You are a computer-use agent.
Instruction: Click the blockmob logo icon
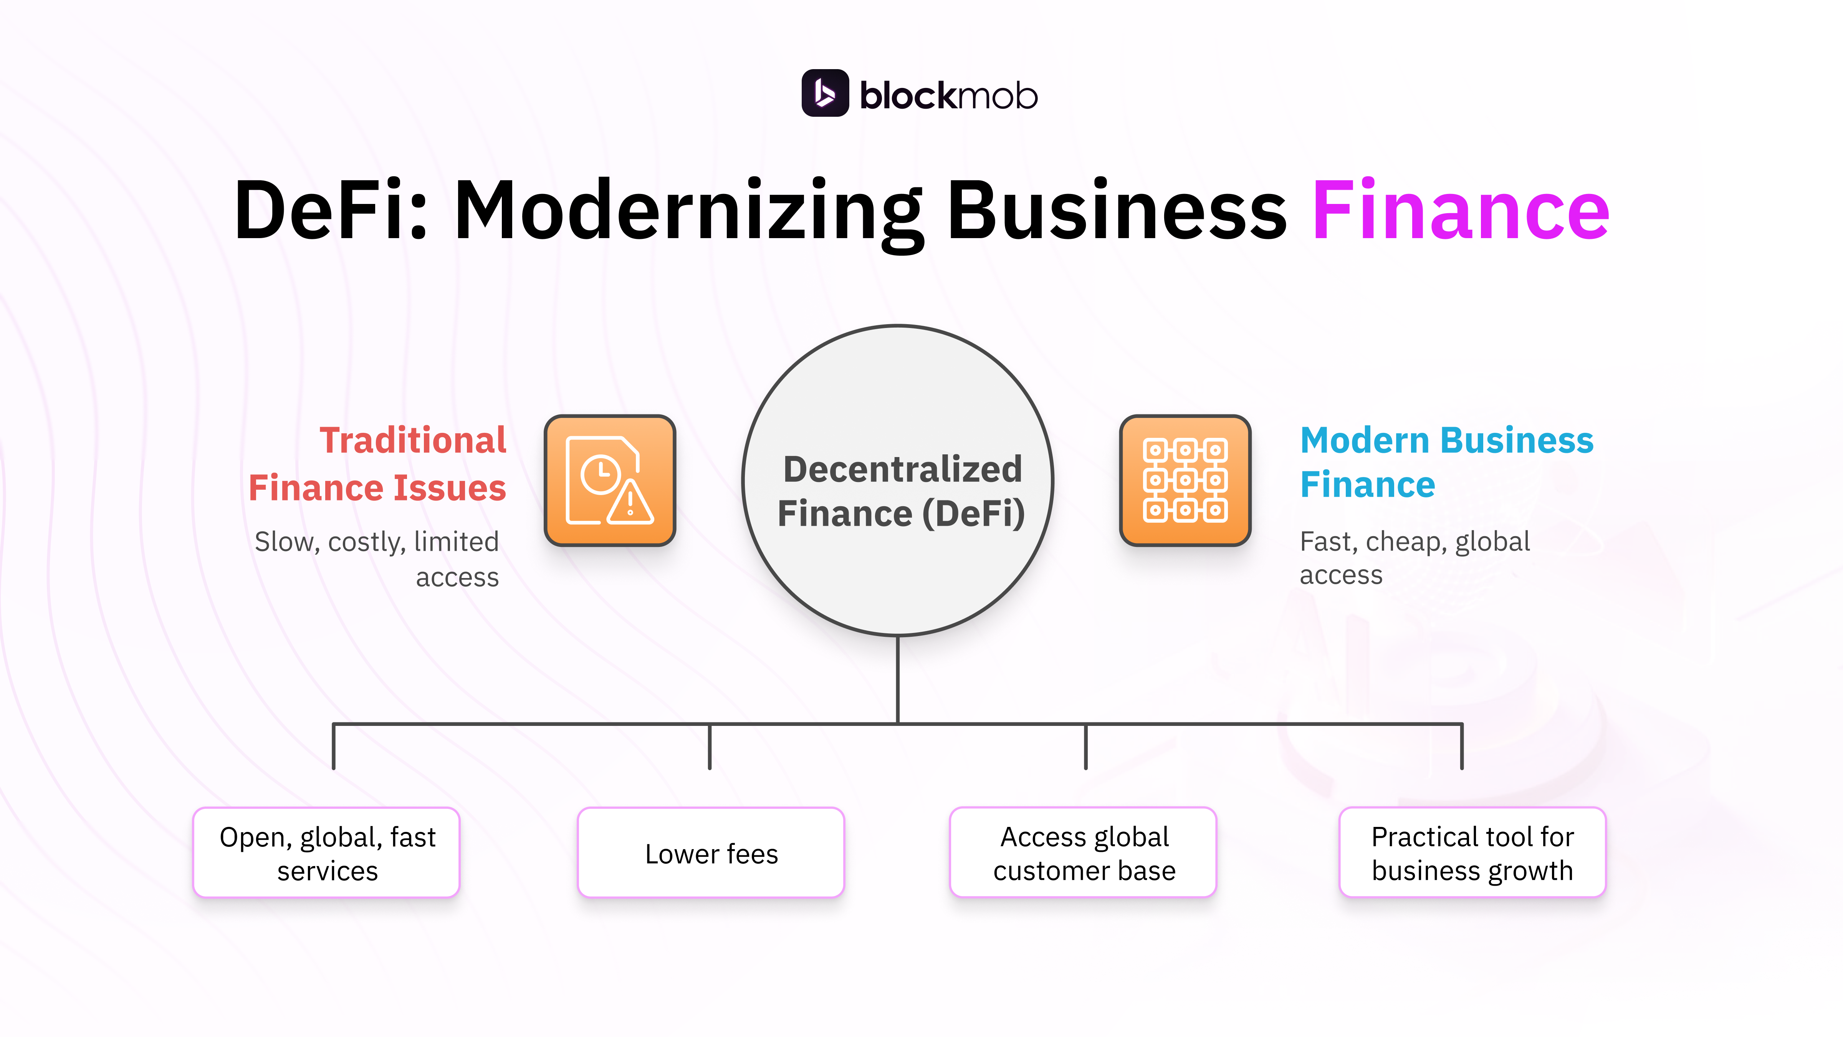824,93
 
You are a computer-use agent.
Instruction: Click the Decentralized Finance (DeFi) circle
898,481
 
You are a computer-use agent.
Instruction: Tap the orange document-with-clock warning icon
610,480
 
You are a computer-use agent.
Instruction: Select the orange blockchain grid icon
1185,480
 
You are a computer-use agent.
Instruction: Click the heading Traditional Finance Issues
378,464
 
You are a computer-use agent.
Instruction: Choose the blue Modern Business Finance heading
1445,462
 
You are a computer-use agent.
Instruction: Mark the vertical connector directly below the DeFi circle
898,680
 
